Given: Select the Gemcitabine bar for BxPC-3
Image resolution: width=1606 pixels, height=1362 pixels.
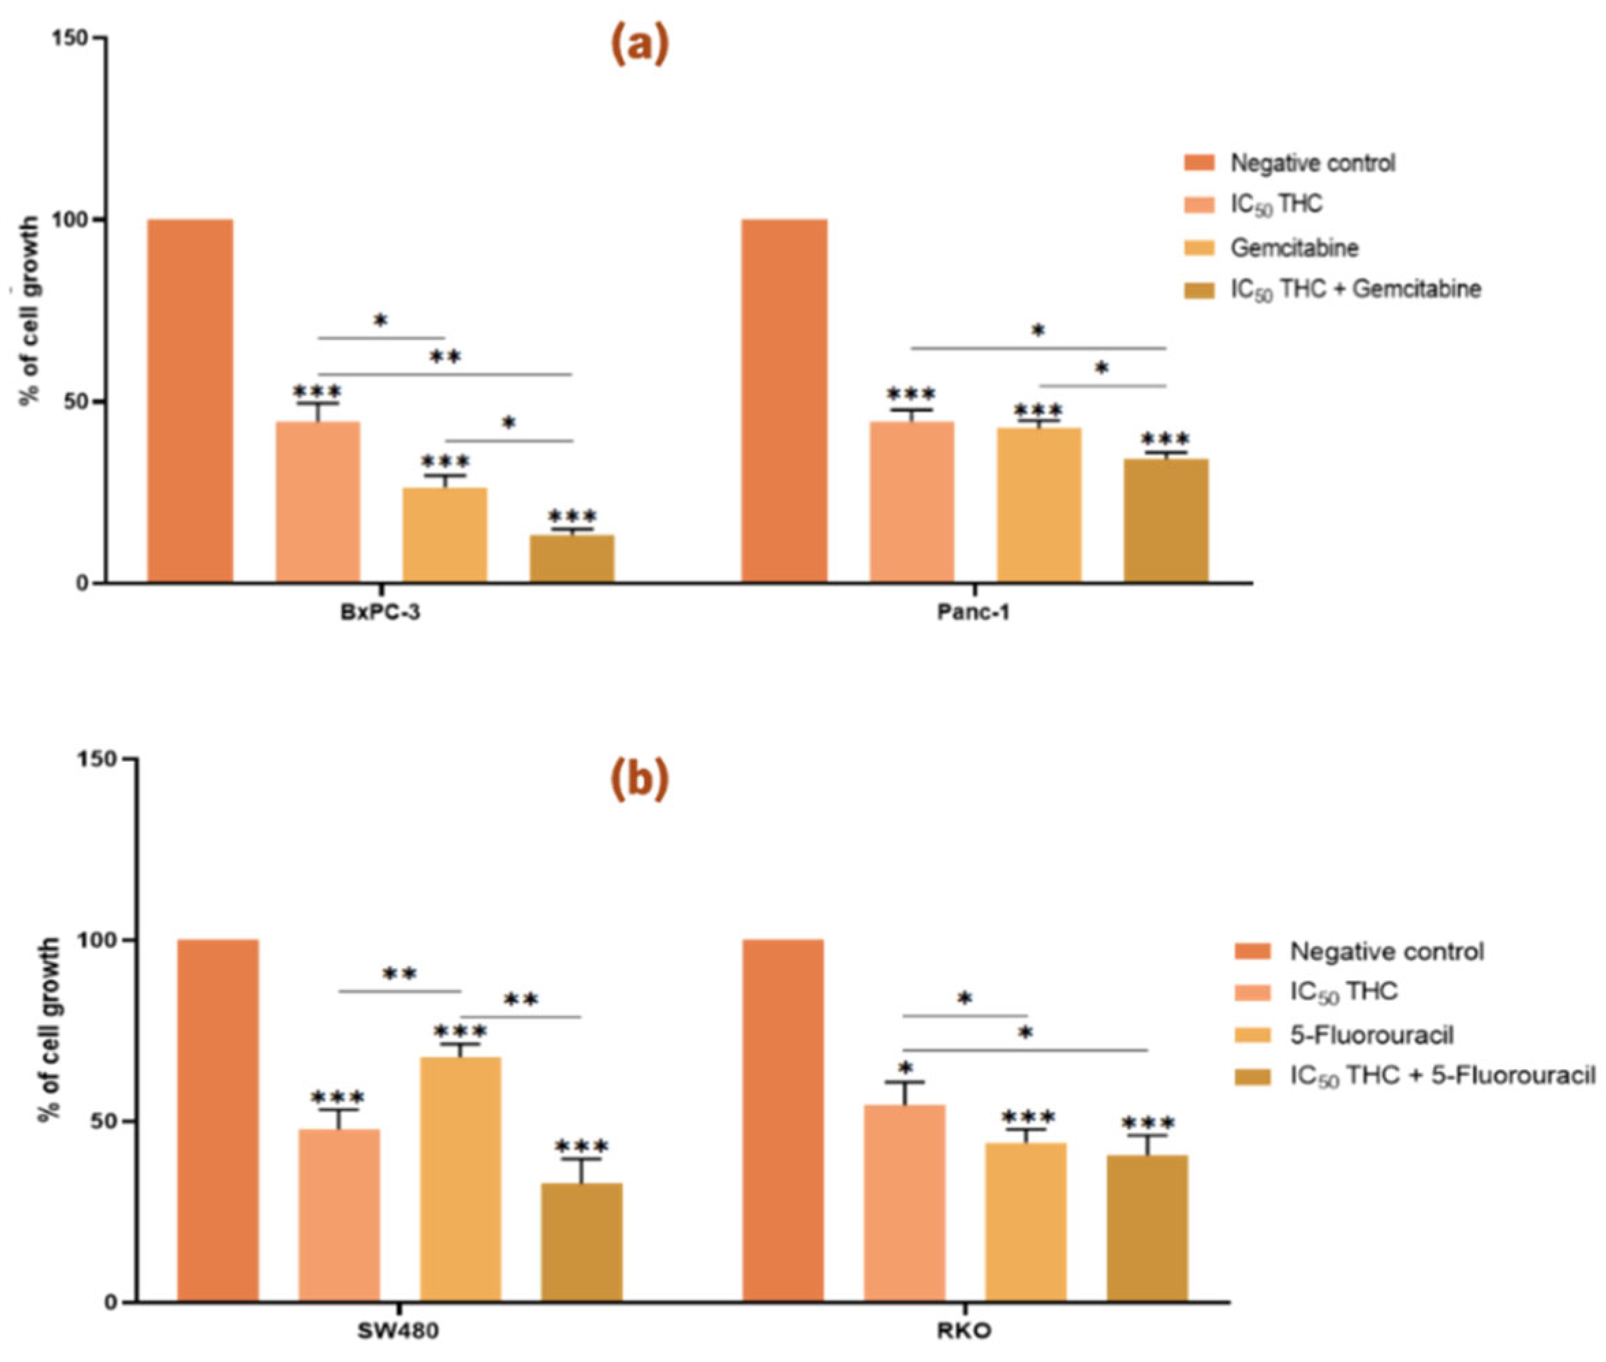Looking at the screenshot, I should click(x=445, y=535).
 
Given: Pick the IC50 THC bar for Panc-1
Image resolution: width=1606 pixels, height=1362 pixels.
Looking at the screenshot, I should click(x=912, y=501).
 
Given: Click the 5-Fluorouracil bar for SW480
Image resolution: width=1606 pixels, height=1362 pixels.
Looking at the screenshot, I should click(x=460, y=1179).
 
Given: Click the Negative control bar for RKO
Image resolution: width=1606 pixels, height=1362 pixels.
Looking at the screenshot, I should click(x=783, y=1120).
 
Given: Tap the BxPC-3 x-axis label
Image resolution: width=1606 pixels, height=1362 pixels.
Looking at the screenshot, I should click(x=380, y=613).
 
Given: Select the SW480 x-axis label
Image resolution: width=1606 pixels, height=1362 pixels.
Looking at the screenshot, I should click(x=397, y=1332).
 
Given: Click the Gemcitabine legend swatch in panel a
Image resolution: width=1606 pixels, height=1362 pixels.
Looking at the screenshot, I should click(x=1199, y=248).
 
